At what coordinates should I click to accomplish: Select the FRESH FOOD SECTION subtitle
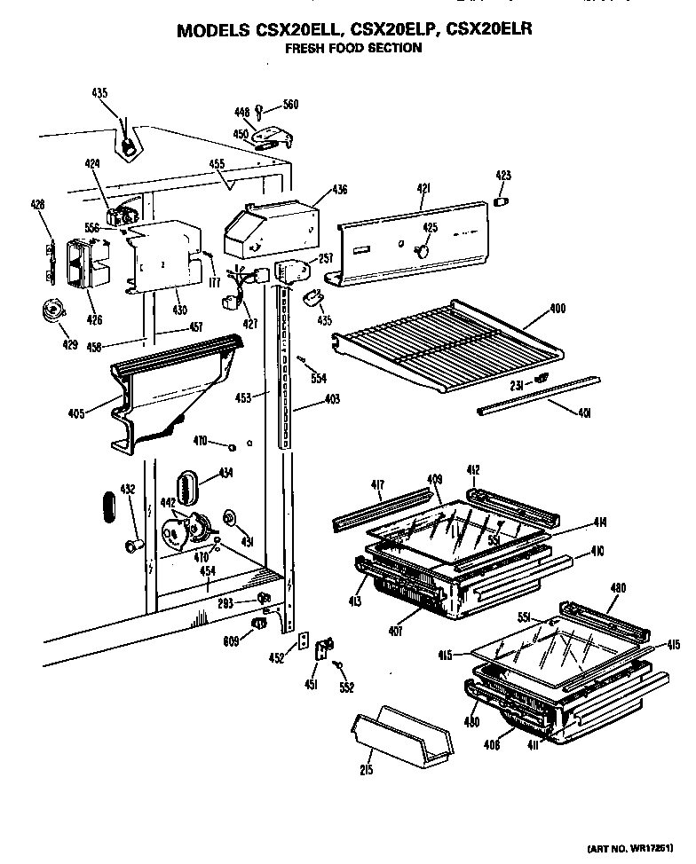pos(352,49)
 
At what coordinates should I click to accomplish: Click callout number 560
pos(289,105)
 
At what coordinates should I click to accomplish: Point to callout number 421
pos(423,187)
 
